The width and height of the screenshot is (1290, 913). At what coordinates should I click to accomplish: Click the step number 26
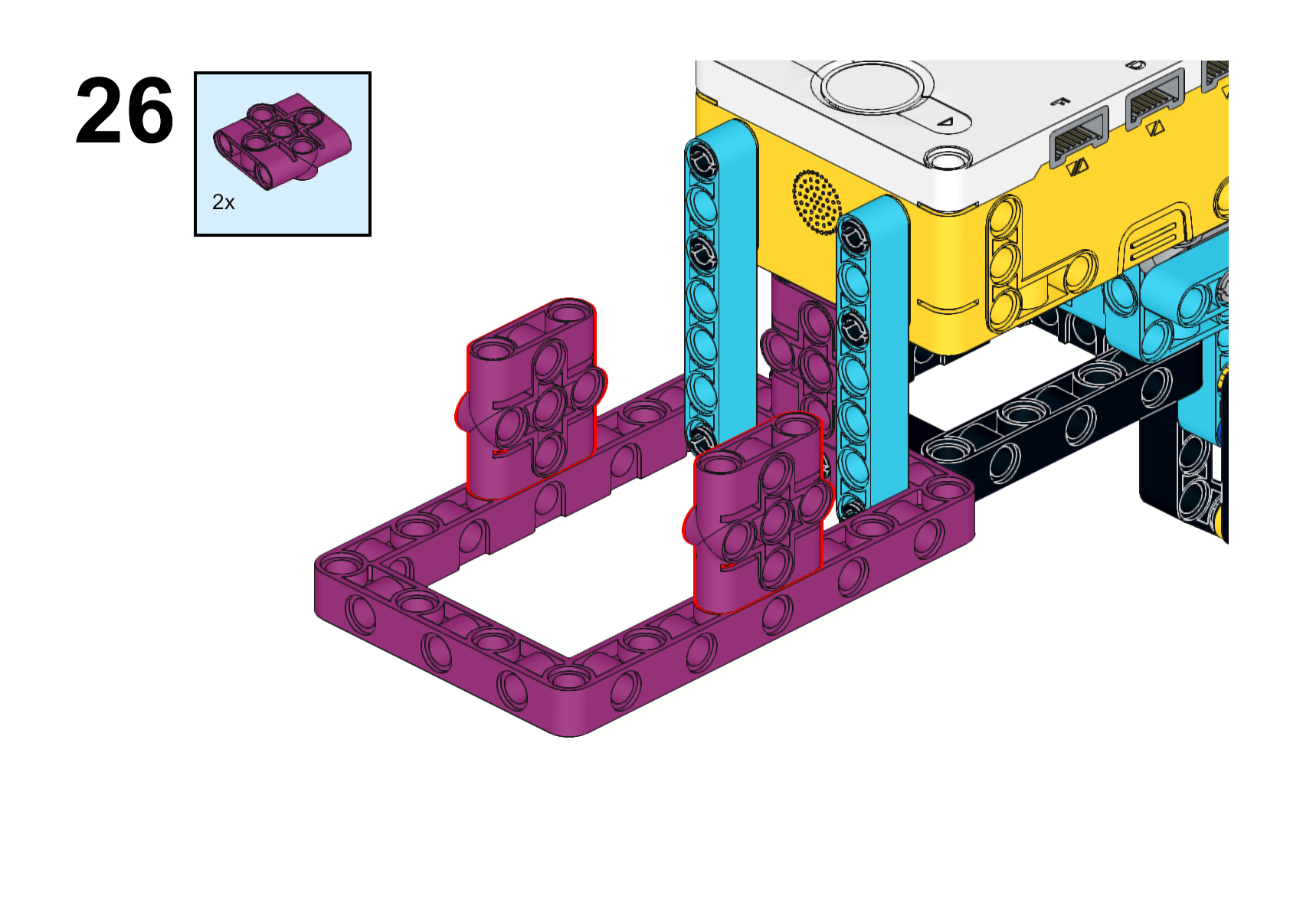pyautogui.click(x=124, y=110)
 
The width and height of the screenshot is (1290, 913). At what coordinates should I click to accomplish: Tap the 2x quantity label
pyautogui.click(x=224, y=202)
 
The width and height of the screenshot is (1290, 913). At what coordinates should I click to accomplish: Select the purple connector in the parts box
pyautogui.click(x=282, y=141)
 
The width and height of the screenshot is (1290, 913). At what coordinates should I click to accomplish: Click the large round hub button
pyautogui.click(x=872, y=88)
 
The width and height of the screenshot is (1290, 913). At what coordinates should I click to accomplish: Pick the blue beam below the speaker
pyautogui.click(x=873, y=357)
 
